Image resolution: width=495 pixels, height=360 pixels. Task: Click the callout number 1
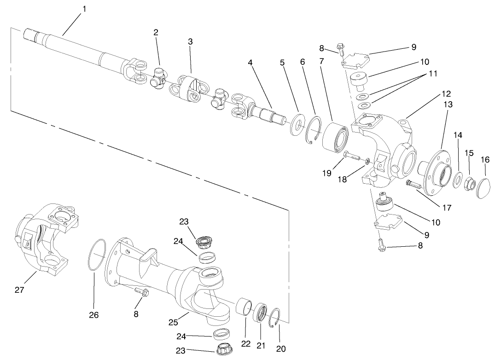(x=83, y=9)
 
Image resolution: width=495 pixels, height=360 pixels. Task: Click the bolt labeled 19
(x=352, y=155)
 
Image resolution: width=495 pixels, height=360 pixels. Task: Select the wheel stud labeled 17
(x=413, y=185)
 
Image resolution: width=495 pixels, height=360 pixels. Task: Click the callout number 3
(x=190, y=41)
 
